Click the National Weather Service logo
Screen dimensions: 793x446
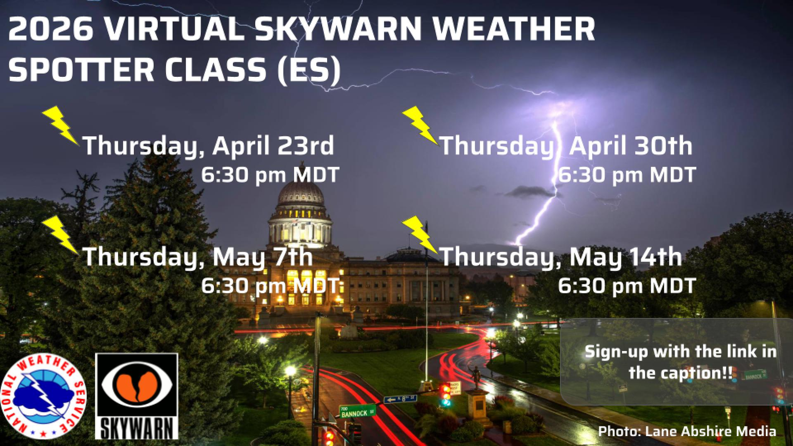(44, 396)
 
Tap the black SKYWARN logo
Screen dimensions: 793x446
(137, 396)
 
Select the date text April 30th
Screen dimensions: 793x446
(630, 145)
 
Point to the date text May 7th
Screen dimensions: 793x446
(262, 257)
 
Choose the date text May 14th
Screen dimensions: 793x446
(625, 257)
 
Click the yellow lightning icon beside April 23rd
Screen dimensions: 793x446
(60, 125)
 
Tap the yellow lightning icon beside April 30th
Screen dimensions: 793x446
(420, 125)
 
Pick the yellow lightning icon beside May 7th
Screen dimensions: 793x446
(60, 235)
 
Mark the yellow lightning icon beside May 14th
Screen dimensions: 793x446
(420, 235)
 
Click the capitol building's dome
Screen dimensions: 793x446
(300, 193)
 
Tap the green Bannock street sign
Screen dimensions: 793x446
(357, 412)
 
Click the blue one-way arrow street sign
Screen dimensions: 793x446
(400, 399)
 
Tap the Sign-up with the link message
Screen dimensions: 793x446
(680, 362)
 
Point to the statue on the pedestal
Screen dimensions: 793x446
(476, 377)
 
